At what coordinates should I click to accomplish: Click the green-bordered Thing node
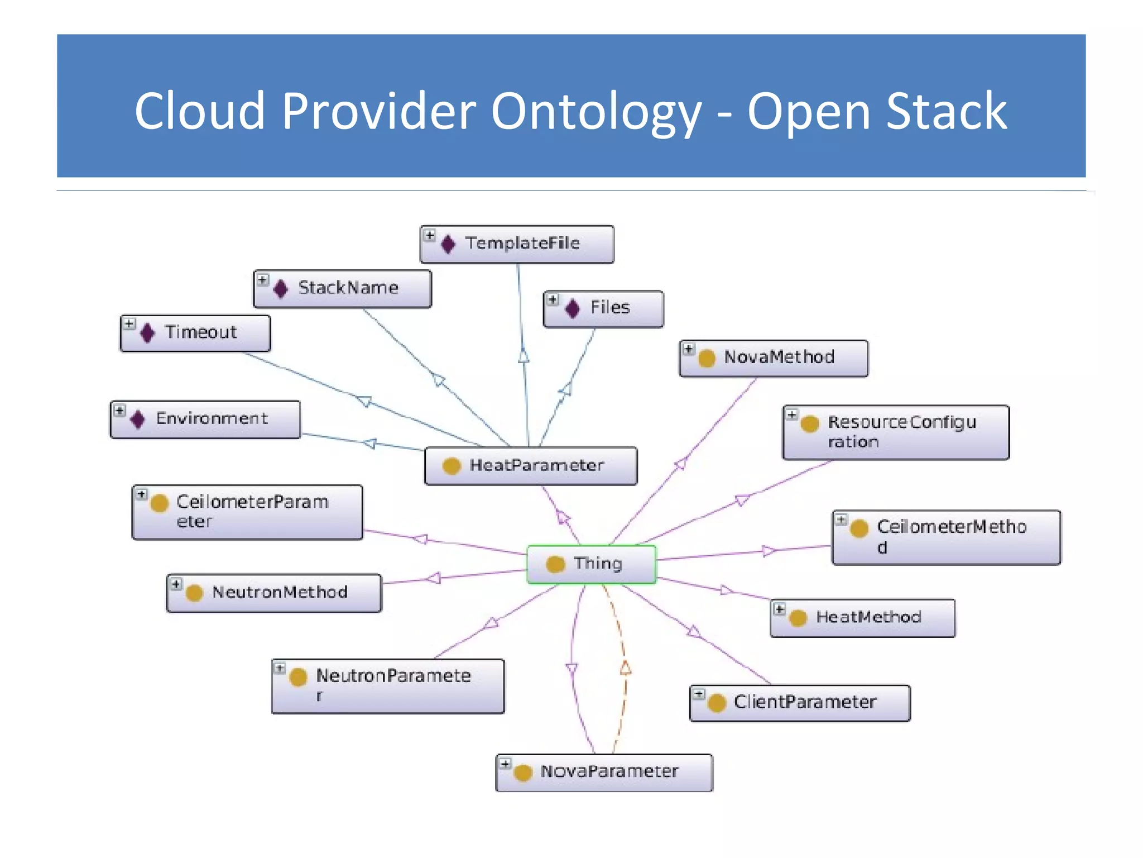[x=592, y=564]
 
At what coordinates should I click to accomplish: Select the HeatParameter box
[x=530, y=465]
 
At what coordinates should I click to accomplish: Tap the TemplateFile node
[x=517, y=244]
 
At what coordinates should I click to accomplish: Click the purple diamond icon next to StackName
[x=281, y=288]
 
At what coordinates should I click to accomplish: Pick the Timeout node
[x=195, y=333]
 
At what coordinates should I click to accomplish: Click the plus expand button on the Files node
[x=553, y=300]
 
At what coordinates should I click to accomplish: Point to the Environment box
[x=205, y=419]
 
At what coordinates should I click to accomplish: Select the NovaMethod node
[x=774, y=357]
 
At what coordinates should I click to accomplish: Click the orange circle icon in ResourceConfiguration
[x=809, y=424]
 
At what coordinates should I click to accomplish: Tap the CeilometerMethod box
[x=946, y=537]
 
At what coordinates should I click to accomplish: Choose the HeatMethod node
[x=862, y=617]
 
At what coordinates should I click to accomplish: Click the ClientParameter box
[x=800, y=702]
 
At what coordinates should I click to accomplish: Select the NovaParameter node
[x=604, y=772]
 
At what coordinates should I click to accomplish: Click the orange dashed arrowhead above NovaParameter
[x=626, y=668]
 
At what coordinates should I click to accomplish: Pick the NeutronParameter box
[x=388, y=685]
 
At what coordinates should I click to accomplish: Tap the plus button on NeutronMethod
[x=176, y=584]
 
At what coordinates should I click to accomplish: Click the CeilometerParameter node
[x=247, y=512]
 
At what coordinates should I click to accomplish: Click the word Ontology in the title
[x=595, y=111]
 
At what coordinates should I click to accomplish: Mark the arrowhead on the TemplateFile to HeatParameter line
[x=524, y=356]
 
